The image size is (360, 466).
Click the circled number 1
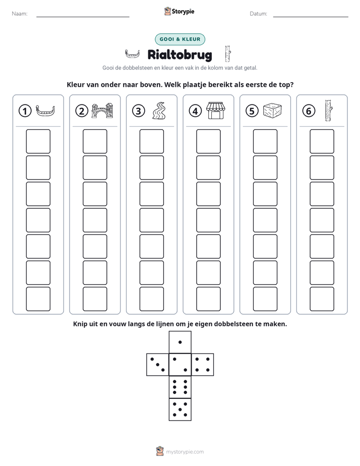[x=25, y=111]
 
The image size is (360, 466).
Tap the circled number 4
[x=195, y=111]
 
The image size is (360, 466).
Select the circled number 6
[x=309, y=111]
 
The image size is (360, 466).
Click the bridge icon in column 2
[x=102, y=110]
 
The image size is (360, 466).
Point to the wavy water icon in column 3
[x=159, y=110]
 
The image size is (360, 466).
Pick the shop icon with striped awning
[x=216, y=110]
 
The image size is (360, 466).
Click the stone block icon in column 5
[x=272, y=110]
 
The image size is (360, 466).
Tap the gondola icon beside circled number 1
[x=45, y=110]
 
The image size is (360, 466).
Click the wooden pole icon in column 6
[x=329, y=110]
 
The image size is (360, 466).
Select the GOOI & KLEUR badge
[x=180, y=39]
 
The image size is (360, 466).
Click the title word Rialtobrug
[x=179, y=54]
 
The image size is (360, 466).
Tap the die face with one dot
[x=180, y=342]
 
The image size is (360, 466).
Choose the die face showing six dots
[x=180, y=387]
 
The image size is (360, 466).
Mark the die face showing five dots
[x=180, y=409]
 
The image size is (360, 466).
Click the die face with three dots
[x=158, y=364]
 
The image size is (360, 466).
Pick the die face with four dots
[x=203, y=364]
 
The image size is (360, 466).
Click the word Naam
[x=20, y=14]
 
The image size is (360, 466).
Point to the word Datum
[x=259, y=14]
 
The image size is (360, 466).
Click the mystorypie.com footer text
[x=185, y=452]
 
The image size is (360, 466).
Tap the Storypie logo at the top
[x=179, y=11]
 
